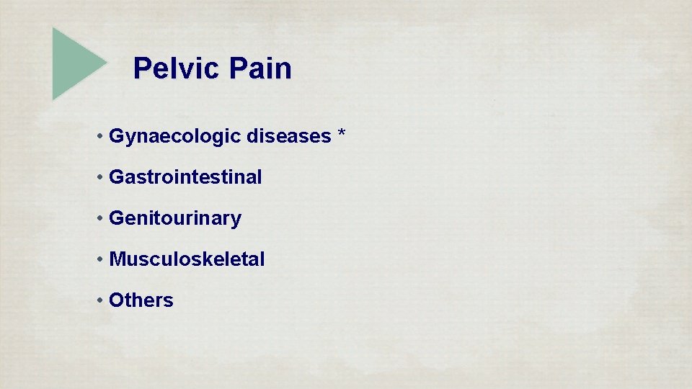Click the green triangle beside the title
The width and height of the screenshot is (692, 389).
pyautogui.click(x=76, y=63)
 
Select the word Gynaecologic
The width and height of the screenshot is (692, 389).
pyautogui.click(x=175, y=136)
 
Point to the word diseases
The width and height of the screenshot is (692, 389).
pyautogui.click(x=288, y=135)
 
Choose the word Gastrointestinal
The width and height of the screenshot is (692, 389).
pyautogui.click(x=185, y=176)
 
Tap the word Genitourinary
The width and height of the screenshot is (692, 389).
pyautogui.click(x=175, y=218)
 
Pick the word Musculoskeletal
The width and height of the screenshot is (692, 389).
pyautogui.click(x=187, y=259)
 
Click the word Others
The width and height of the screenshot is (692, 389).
pyautogui.click(x=141, y=300)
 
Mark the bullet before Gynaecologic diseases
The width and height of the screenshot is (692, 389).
pyautogui.click(x=100, y=136)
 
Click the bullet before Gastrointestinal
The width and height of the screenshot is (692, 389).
pyautogui.click(x=100, y=177)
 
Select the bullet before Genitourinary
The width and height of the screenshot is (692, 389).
pyautogui.click(x=100, y=218)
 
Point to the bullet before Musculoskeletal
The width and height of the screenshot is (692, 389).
pyautogui.click(x=100, y=259)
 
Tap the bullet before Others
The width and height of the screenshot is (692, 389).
pyautogui.click(x=100, y=300)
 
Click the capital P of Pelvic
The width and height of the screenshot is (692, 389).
pyautogui.click(x=142, y=69)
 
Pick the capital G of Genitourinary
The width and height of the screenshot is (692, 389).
pyautogui.click(x=116, y=218)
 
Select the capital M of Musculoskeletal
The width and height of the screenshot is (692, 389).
pyautogui.click(x=117, y=259)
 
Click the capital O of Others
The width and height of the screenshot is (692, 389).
pyautogui.click(x=116, y=300)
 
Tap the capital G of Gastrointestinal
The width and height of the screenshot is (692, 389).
pyautogui.click(x=116, y=176)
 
